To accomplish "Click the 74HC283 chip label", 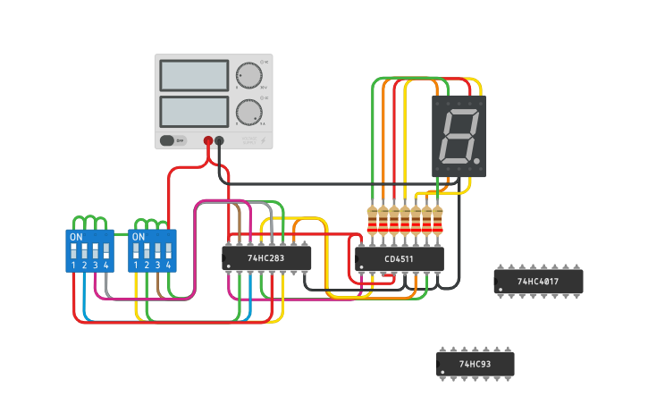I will (266, 258).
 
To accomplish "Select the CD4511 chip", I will (399, 259).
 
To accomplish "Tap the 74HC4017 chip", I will (538, 282).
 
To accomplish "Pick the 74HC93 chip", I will (475, 364).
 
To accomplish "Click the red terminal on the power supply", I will (208, 140).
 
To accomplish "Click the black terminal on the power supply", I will (219, 140).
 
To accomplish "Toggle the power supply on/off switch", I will (173, 140).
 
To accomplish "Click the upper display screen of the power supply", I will (194, 75).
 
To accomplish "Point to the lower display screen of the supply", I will (194, 112).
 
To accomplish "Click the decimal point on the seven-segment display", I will (477, 163).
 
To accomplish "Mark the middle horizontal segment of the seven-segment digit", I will (459, 137).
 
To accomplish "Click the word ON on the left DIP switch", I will (76, 237).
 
